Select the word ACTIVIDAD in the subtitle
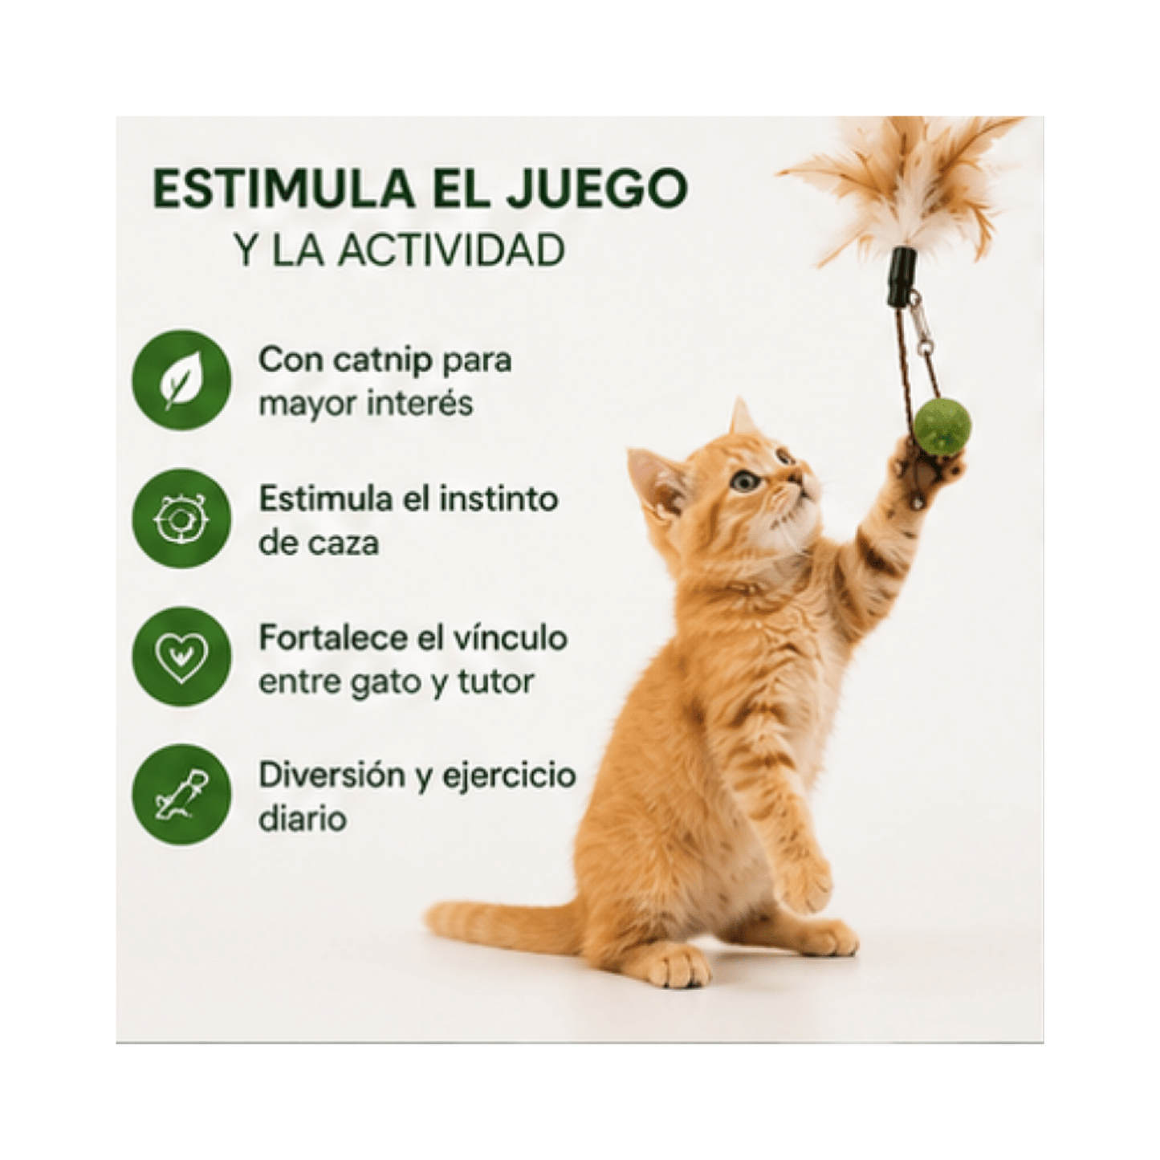click(450, 251)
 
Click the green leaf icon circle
click(181, 380)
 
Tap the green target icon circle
click(181, 519)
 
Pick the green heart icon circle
click(181, 657)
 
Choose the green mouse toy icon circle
click(181, 795)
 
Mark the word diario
click(303, 820)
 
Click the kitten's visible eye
click(745, 480)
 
